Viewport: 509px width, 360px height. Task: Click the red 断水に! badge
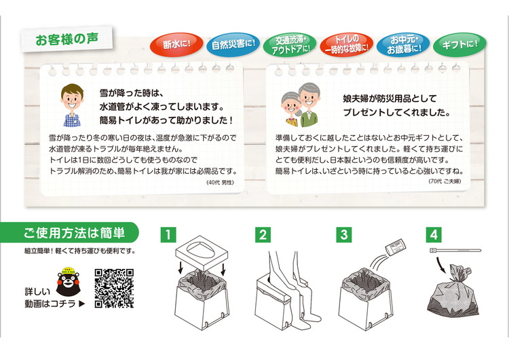tap(176, 45)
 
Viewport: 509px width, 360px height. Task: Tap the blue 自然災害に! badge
tap(233, 45)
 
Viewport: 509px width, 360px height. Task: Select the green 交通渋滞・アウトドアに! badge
tap(290, 45)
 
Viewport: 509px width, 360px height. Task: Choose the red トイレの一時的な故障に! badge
tap(346, 45)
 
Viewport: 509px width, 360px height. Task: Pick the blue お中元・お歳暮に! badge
tap(403, 45)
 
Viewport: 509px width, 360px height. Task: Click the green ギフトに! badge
tap(459, 45)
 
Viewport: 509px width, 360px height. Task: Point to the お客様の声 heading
tap(67, 39)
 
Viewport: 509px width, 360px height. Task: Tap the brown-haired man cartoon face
tap(72, 97)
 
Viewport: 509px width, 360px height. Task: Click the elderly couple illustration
tap(301, 105)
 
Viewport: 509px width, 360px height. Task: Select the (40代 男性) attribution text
tap(220, 183)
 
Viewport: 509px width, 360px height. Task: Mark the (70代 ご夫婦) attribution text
tap(445, 181)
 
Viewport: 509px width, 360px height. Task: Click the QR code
tap(114, 288)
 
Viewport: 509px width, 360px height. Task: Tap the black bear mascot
tap(68, 281)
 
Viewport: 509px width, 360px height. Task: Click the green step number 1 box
tap(168, 234)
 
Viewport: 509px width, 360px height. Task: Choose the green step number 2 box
tap(263, 234)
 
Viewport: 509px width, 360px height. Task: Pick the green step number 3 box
tap(344, 234)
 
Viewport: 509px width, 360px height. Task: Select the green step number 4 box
tap(434, 234)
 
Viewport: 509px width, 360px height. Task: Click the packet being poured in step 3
tap(395, 247)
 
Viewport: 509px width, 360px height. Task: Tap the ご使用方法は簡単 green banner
tap(69, 232)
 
